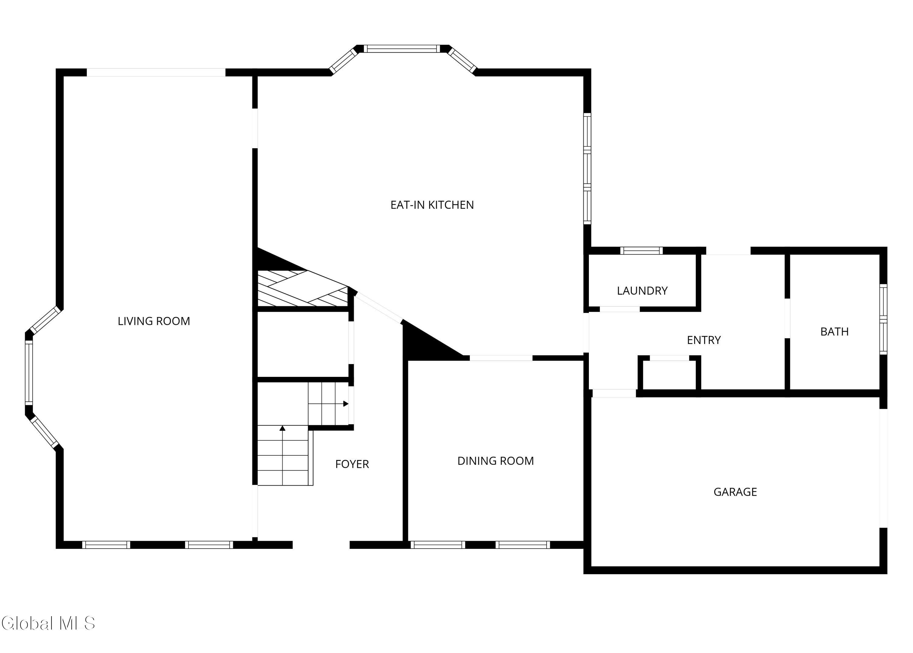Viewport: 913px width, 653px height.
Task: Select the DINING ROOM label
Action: click(x=495, y=461)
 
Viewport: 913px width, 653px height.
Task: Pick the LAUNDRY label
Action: click(x=642, y=291)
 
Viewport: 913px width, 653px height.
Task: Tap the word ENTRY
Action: click(x=704, y=340)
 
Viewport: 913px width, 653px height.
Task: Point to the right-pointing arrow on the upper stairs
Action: click(x=329, y=404)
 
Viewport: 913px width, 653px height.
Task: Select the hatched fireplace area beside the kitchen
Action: click(x=303, y=288)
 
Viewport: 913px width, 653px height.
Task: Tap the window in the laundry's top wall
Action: click(x=641, y=251)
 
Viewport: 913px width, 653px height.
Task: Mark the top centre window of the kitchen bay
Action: click(x=402, y=49)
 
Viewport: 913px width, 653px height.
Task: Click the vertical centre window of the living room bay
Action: click(x=29, y=372)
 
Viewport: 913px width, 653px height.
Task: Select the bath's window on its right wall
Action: click(x=883, y=319)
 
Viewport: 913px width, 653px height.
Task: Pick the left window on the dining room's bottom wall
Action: click(x=438, y=545)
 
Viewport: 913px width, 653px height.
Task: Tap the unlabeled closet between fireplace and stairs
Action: click(x=303, y=344)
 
